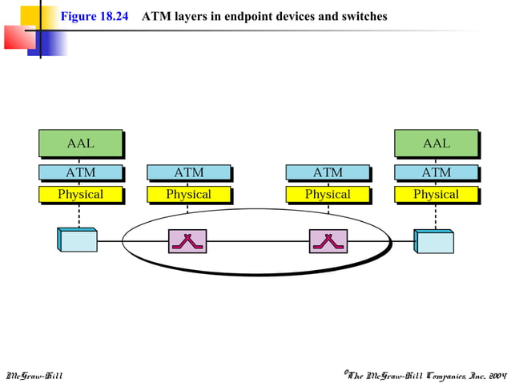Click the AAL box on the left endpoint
click(80, 143)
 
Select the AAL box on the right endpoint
click(436, 143)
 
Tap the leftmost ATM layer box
click(80, 172)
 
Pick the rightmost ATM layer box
click(436, 172)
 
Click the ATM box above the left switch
click(188, 172)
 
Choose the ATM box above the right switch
click(328, 172)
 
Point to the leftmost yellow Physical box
click(80, 194)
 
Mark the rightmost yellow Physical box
click(436, 194)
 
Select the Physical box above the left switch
click(188, 194)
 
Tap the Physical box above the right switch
click(328, 194)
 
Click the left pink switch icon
click(187, 241)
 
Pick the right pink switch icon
click(328, 241)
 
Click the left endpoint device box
click(77, 240)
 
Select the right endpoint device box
click(433, 241)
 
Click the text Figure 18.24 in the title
click(95, 16)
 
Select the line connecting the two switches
click(257, 241)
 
